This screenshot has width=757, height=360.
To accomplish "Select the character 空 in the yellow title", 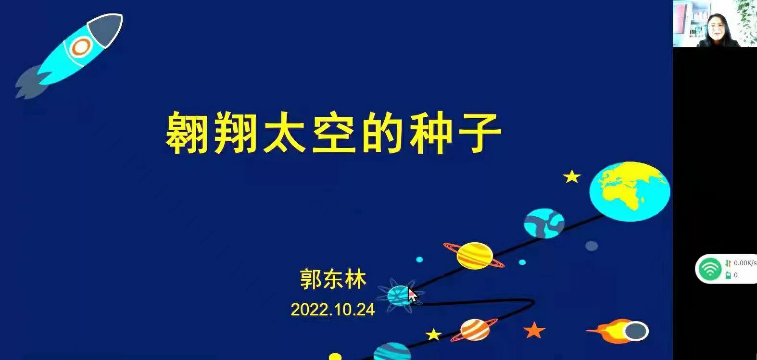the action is coord(334,132).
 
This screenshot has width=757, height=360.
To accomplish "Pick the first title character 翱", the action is coord(187,132).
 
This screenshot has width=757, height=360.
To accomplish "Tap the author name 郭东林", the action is coord(333,279).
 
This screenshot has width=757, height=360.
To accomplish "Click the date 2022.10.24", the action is coord(333,310).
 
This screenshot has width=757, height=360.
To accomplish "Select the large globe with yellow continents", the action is coord(630,191).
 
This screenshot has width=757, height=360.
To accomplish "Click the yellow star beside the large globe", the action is coord(572,176).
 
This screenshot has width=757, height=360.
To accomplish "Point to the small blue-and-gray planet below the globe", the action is coord(544,223).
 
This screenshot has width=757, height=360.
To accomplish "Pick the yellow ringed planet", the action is coord(474,256).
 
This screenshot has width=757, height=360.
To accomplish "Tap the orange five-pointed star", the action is coord(534,330).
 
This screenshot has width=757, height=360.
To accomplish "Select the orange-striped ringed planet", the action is coord(475,330).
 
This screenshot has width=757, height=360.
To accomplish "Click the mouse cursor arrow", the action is coord(412,295).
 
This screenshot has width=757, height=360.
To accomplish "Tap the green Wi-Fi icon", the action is coord(710,269).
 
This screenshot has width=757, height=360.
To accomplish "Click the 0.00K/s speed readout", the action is coord(745,263).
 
